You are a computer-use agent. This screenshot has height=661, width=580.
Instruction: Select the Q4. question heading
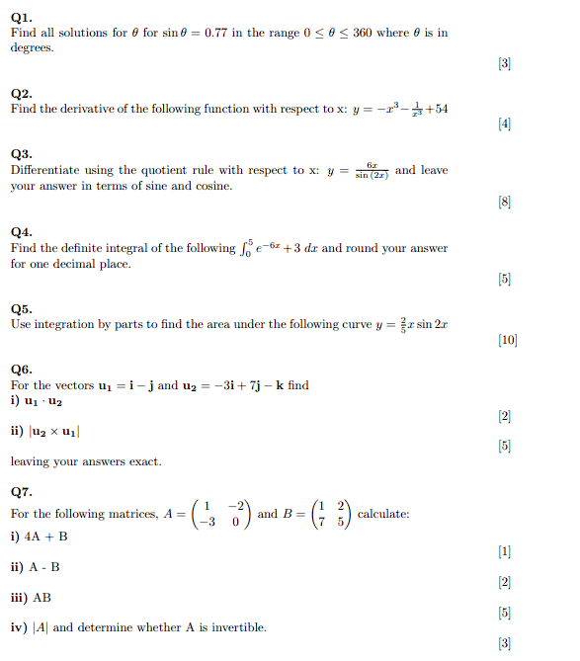(22, 232)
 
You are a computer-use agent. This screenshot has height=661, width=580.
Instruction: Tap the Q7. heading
(22, 491)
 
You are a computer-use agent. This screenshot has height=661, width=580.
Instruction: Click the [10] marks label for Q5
(508, 341)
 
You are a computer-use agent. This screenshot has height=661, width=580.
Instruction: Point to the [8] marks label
(505, 203)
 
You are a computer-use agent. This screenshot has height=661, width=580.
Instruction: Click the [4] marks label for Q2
(505, 125)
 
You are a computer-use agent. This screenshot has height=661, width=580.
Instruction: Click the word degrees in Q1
(33, 47)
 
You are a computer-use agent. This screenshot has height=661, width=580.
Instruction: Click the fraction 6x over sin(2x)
(372, 171)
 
